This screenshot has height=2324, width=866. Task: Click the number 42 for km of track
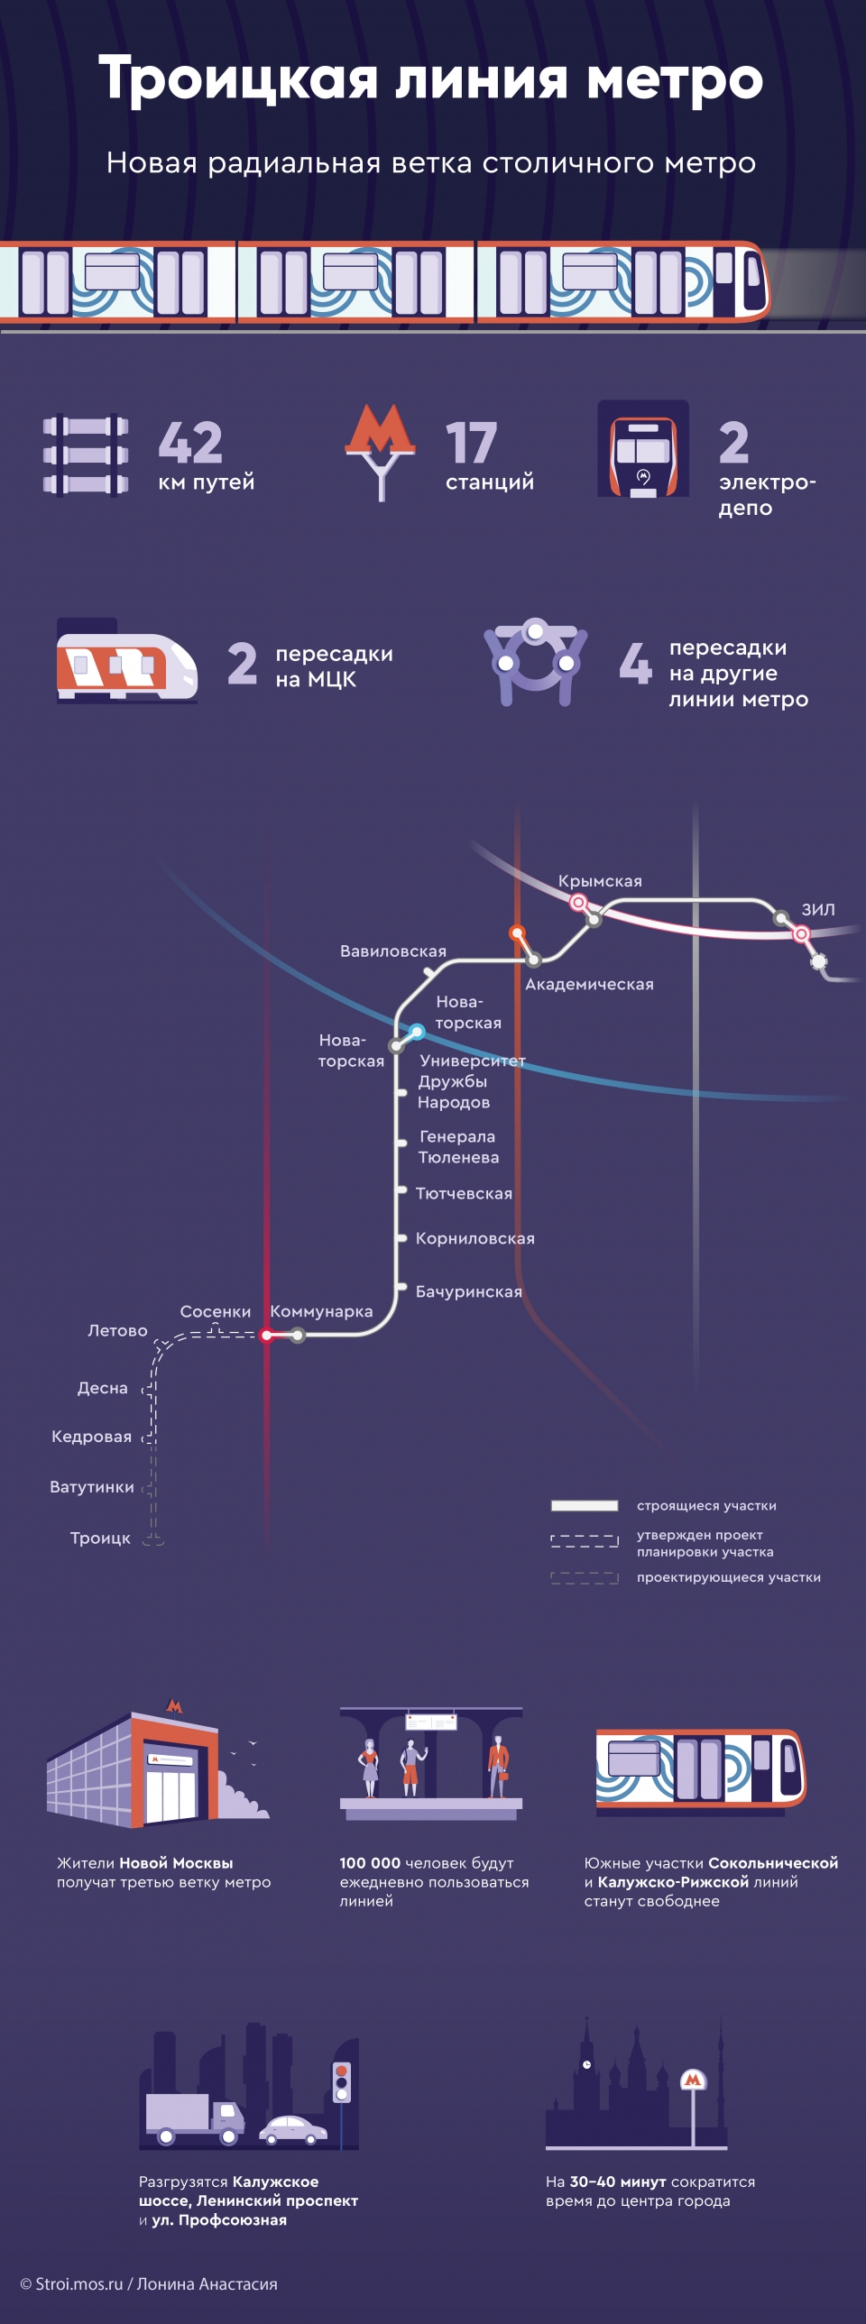coord(190,442)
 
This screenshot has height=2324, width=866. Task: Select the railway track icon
coord(86,455)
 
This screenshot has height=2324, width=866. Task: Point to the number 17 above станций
coord(471,442)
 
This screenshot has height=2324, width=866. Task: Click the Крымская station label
coord(600,881)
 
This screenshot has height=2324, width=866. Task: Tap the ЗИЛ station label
coord(818,909)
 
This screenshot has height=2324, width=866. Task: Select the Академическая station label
coord(589,984)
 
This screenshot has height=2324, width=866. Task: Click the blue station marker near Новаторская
coord(417,1031)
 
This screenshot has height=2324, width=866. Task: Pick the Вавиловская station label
coord(393,951)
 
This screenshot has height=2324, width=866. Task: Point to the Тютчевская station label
coord(464,1194)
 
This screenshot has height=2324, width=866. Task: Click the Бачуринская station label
coord(469,1292)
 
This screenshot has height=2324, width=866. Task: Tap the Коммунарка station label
coord(321,1312)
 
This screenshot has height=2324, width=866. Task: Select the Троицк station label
coord(100,1539)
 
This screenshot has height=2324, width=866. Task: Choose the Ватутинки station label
coord(92,1487)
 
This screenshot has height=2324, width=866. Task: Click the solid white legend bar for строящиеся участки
coord(585,1505)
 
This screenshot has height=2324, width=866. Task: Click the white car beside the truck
coord(293,2130)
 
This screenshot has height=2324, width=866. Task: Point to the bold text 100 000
coord(370,1863)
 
